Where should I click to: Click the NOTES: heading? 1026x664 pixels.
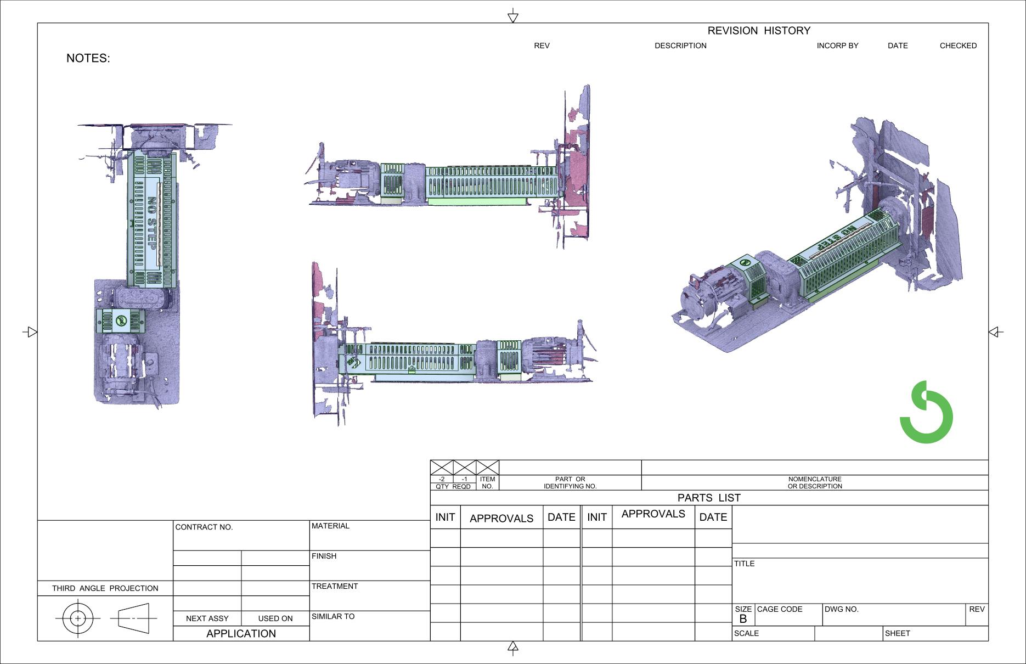[x=88, y=58]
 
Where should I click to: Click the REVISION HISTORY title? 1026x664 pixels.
[x=758, y=31]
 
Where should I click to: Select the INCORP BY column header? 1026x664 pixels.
[x=837, y=46]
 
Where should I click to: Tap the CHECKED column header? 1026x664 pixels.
[x=957, y=46]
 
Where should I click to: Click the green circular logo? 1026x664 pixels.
[x=926, y=413]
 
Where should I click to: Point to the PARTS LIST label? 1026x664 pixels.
[x=708, y=498]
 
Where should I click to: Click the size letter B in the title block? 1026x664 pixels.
[x=743, y=619]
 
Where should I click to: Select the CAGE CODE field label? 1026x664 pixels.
[x=779, y=609]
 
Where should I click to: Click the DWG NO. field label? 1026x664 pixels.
[x=841, y=609]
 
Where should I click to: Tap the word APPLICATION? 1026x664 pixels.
[x=241, y=633]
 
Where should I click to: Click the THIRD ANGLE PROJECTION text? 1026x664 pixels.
[x=105, y=588]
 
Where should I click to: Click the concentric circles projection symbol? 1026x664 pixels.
[x=78, y=618]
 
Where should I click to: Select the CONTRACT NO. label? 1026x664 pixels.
[x=204, y=527]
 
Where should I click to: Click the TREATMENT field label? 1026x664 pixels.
[x=334, y=586]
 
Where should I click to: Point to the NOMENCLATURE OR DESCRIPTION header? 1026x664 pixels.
[x=814, y=482]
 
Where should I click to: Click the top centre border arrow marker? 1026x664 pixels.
[x=513, y=16]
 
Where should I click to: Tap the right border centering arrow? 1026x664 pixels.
[x=994, y=332]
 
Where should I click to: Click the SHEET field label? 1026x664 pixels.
[x=897, y=633]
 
